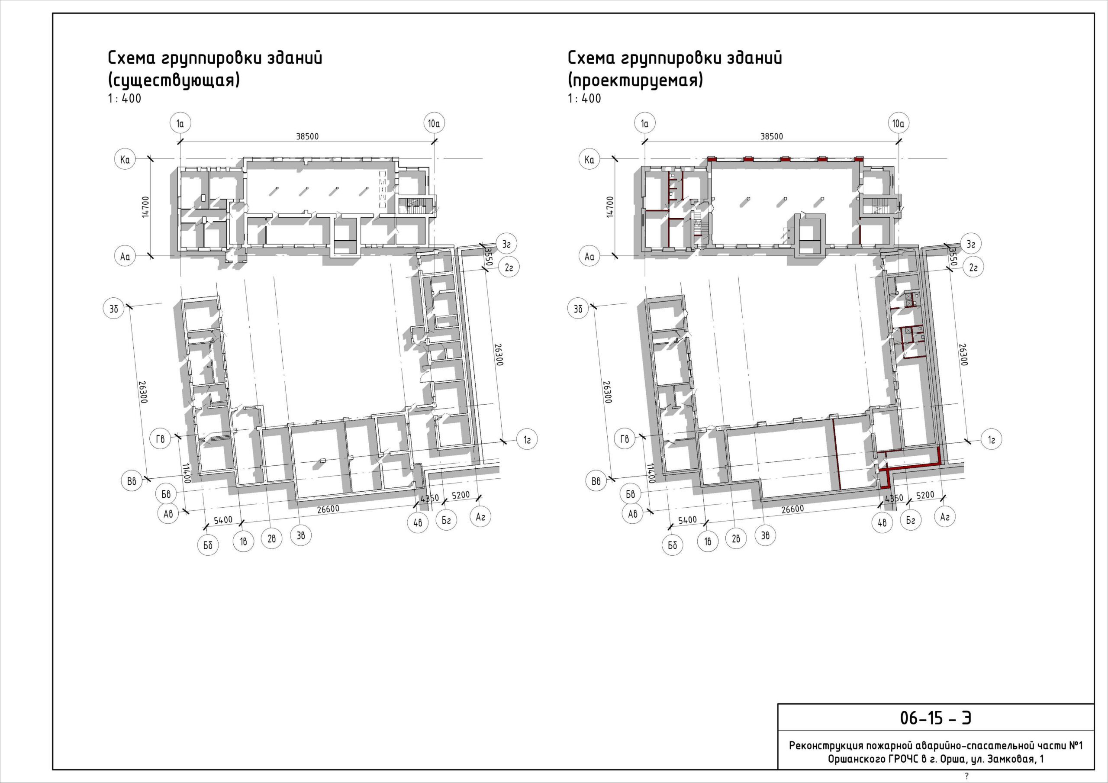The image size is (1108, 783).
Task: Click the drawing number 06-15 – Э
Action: [x=935, y=718]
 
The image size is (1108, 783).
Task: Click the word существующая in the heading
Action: [x=174, y=80]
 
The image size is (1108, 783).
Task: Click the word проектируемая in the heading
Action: [x=635, y=80]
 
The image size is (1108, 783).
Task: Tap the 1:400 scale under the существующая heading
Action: [x=125, y=99]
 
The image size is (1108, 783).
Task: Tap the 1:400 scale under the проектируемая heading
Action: [x=584, y=99]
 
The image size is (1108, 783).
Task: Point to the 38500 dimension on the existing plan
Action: [x=307, y=137]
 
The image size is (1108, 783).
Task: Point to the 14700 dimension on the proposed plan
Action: [x=610, y=207]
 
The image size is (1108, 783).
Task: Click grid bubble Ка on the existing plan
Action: [x=125, y=159]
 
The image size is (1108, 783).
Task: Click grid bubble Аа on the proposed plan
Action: [x=589, y=256]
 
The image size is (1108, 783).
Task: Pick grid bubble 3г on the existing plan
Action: [x=506, y=244]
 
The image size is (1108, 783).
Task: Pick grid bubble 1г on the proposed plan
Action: [x=991, y=440]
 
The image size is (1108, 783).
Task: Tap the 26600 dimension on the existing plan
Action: [x=328, y=509]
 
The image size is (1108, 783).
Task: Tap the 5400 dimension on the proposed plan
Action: [x=688, y=520]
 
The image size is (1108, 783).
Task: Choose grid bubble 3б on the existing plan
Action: [x=114, y=309]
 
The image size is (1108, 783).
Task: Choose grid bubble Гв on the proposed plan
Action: [x=625, y=439]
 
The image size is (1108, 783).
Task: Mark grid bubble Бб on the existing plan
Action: [x=208, y=545]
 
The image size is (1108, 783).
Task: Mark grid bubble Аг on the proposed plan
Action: [x=944, y=516]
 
